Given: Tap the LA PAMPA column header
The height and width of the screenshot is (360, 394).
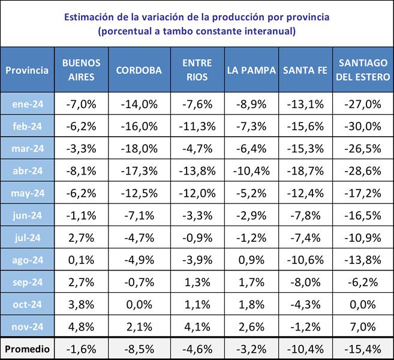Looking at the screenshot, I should point(251,70).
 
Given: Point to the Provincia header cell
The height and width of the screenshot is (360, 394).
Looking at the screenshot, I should point(27,70).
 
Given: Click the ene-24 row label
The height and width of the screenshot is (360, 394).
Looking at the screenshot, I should point(27,104).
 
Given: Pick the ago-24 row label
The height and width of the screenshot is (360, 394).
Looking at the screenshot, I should point(27,261).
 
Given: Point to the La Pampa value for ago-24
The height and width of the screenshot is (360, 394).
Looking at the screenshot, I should point(251,261).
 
